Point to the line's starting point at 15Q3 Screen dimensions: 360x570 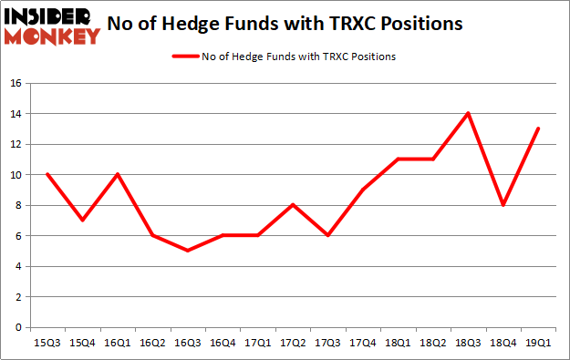pos(47,175)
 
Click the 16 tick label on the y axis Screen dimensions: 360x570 pos(16,84)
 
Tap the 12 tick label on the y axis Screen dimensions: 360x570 pos(16,144)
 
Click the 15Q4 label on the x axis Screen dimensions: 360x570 pos(83,343)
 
